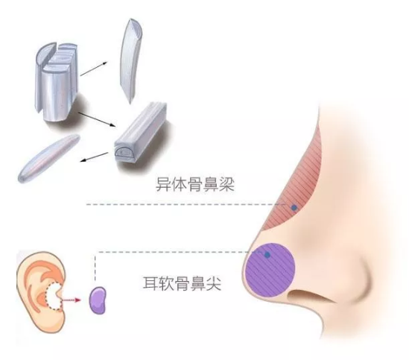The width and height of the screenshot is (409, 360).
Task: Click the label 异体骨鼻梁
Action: pos(195,185)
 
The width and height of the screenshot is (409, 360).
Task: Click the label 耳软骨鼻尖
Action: pos(182,283)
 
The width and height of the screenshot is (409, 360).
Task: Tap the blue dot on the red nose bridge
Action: pos(294,207)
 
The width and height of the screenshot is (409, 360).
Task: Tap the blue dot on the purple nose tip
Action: pos(267,254)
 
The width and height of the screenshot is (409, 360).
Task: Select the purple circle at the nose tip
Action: pos(270,270)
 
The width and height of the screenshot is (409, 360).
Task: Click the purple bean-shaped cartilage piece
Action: pos(98,300)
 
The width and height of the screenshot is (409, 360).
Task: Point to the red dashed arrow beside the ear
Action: pos(71,300)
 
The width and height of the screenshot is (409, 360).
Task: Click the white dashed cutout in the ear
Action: pos(54,297)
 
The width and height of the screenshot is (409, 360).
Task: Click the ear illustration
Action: pos(40,291)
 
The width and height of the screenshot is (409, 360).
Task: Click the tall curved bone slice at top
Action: pos(131,60)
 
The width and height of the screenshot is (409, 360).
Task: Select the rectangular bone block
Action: pos(141,133)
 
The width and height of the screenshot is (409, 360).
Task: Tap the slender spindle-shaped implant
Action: pos(48,158)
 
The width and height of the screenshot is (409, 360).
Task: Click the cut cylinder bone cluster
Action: pos(57,81)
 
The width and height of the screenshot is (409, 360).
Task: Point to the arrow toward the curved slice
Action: pos(94,69)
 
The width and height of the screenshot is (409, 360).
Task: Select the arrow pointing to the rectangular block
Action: pos(97,119)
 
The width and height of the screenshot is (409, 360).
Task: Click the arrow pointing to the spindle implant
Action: pos(94,157)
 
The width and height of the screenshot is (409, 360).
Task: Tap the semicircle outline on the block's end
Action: pos(124,153)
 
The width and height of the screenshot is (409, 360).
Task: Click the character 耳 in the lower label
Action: pos(150,283)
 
